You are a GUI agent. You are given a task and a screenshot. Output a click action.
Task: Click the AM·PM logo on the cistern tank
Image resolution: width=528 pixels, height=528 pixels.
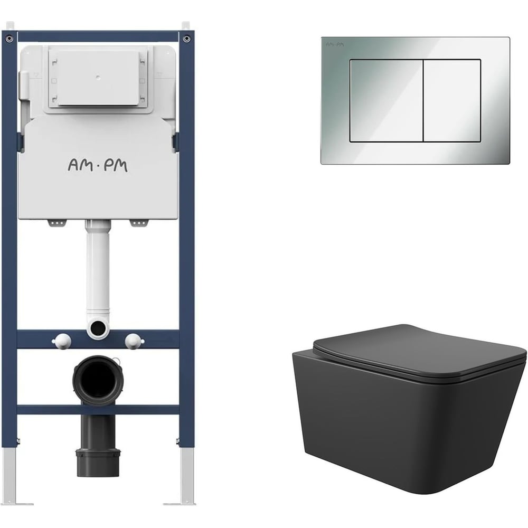point(98,166)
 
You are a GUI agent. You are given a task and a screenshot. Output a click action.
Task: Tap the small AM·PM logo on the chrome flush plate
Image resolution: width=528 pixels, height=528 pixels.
point(335,44)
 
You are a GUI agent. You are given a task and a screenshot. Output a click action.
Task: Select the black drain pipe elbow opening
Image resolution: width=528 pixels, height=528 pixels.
point(98,379)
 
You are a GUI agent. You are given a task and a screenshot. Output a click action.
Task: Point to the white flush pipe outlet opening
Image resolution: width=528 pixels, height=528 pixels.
point(98,327)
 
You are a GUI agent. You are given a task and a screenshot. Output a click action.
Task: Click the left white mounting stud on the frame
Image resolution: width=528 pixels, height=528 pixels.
point(62,341)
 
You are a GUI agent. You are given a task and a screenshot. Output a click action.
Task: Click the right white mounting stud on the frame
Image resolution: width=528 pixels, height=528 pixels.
point(134,341)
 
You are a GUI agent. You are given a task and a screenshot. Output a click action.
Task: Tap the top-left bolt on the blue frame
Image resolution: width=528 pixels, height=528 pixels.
point(10,39)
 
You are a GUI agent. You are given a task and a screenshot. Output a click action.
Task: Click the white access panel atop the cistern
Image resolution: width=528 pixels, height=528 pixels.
point(98,79)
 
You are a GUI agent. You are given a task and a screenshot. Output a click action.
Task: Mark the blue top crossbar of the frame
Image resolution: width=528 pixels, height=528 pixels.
point(98,36)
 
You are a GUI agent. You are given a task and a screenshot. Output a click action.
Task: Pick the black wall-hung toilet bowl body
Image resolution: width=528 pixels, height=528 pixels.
point(408,428)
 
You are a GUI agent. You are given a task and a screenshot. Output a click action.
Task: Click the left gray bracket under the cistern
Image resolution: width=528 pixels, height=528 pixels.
point(57,223)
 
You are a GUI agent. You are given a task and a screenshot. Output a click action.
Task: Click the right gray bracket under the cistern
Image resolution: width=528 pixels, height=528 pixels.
point(139,223)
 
